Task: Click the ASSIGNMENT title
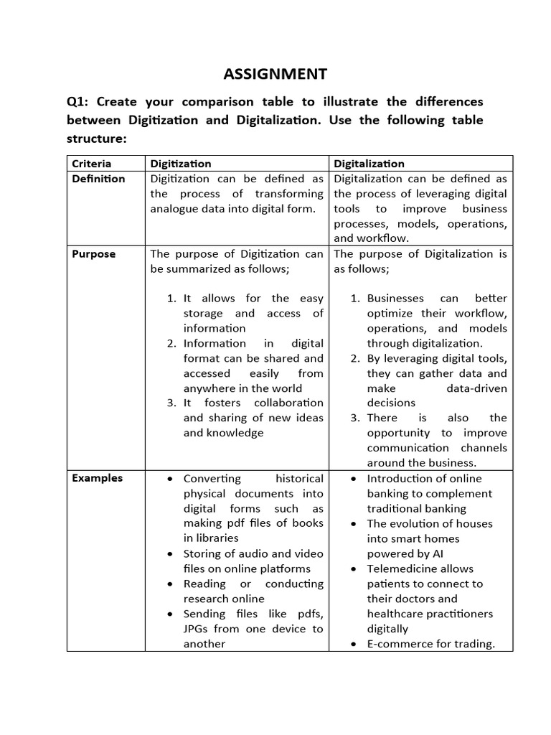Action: click(275, 74)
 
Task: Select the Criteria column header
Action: click(92, 164)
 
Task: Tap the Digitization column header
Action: click(181, 164)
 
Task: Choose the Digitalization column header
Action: click(369, 164)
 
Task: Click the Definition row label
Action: click(98, 179)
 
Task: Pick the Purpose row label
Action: click(93, 254)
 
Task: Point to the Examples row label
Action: click(97, 478)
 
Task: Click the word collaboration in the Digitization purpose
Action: click(288, 403)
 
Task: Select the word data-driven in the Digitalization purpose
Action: click(476, 388)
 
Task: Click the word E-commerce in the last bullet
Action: click(398, 644)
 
